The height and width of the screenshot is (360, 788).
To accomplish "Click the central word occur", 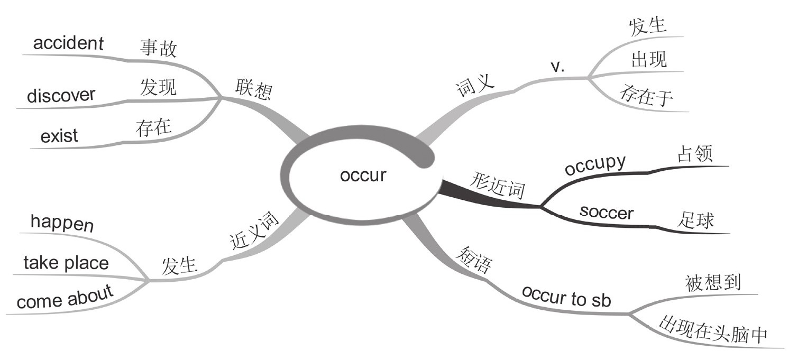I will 363,176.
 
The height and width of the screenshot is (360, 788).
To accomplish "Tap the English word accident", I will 68,43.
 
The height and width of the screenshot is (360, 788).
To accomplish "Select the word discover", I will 61,95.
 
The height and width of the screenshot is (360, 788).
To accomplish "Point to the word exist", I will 59,136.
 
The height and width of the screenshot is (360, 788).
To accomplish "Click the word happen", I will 62,223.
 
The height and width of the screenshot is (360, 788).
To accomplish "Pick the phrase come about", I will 65,298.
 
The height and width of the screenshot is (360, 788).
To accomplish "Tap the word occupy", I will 595,165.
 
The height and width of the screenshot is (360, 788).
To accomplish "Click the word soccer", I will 606,213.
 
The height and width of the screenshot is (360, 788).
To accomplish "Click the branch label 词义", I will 474,87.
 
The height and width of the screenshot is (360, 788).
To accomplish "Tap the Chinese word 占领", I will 695,153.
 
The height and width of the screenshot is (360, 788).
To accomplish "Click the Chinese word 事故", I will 158,49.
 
